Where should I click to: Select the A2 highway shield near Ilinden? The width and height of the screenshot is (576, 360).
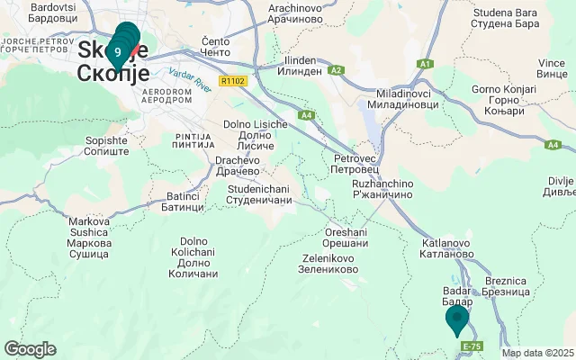(x=337, y=69)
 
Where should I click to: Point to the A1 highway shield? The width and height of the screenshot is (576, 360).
(x=426, y=64)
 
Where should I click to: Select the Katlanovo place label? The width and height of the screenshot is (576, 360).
(x=446, y=248)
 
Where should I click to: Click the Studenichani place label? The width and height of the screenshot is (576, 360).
(x=260, y=193)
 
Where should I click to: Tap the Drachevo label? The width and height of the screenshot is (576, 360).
(x=238, y=166)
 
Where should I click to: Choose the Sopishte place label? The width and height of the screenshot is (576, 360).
(x=106, y=146)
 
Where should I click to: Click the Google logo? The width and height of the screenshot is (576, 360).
(x=30, y=349)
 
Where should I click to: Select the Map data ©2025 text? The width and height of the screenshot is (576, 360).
(x=537, y=354)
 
